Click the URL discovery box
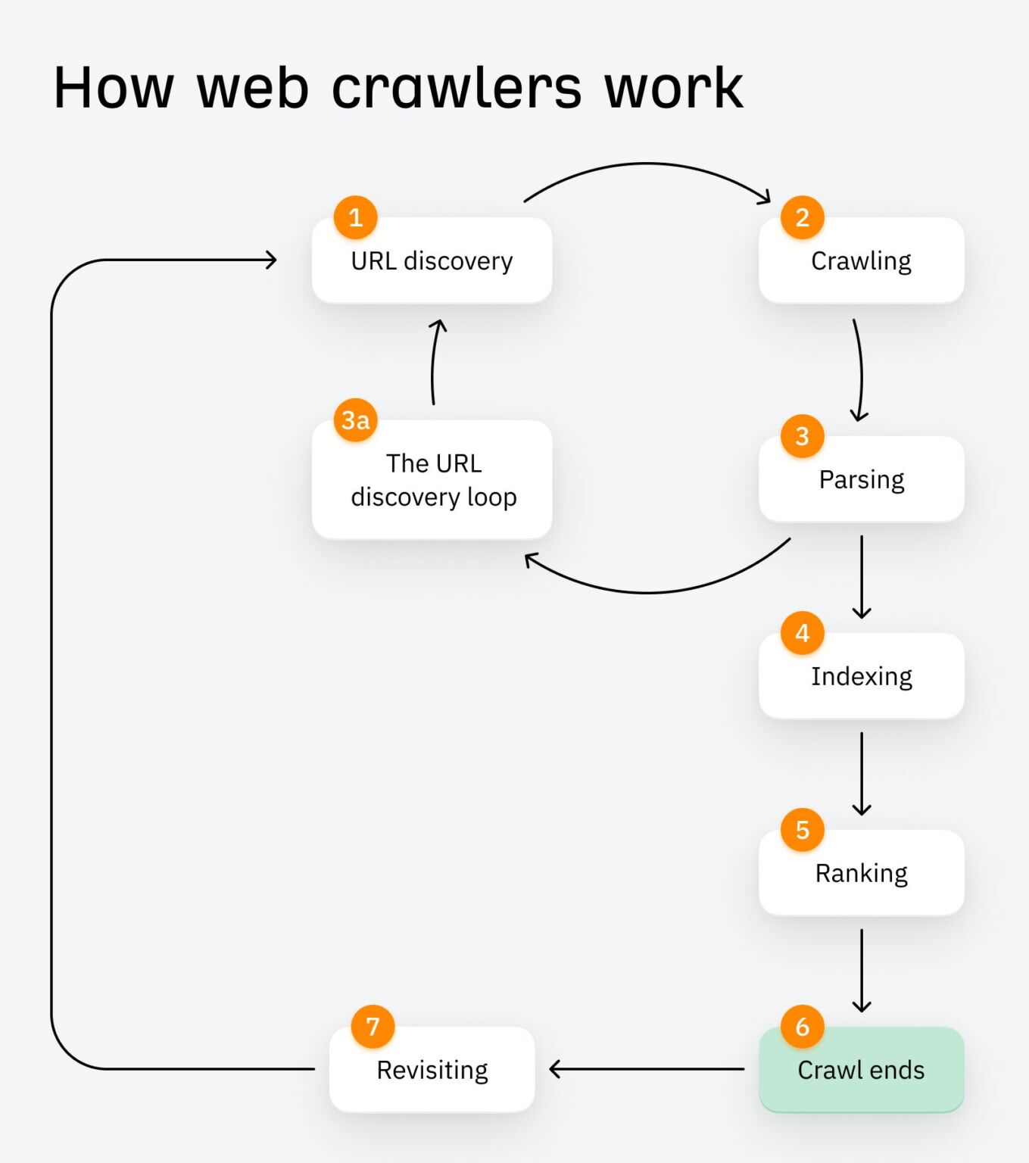click(432, 261)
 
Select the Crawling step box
click(861, 261)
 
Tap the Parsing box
click(861, 480)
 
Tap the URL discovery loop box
click(432, 480)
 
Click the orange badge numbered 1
click(355, 218)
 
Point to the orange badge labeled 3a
click(355, 420)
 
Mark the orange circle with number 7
click(373, 1027)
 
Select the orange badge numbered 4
click(803, 633)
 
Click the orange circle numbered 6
click(803, 1027)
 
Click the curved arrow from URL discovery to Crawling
click(647, 164)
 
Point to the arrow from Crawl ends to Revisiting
click(647, 1069)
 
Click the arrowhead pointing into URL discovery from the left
click(270, 260)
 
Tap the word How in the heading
click(114, 89)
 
